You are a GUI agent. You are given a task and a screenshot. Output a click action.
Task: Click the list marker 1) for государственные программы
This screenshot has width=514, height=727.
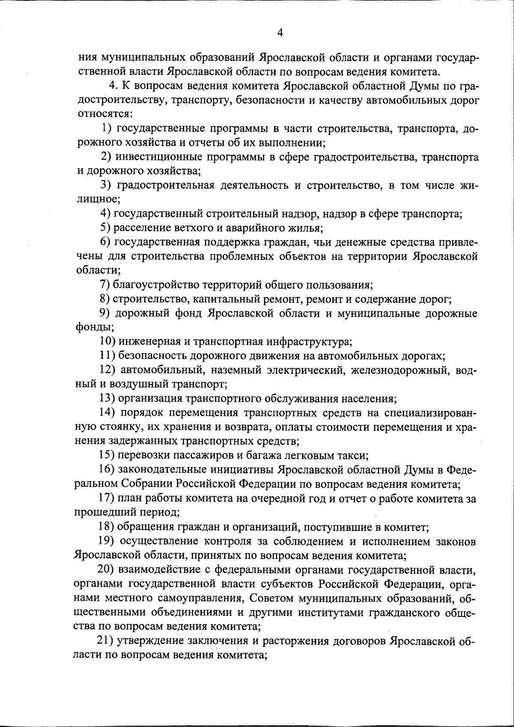point(107,128)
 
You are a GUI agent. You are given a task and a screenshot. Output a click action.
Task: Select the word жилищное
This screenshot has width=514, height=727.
point(96,199)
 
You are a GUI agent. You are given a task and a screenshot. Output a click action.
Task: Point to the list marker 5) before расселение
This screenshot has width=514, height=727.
point(106,227)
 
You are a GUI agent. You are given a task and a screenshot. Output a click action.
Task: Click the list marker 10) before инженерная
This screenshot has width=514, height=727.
point(108,342)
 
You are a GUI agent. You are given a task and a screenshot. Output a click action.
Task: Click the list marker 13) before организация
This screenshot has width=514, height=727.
point(108,399)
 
